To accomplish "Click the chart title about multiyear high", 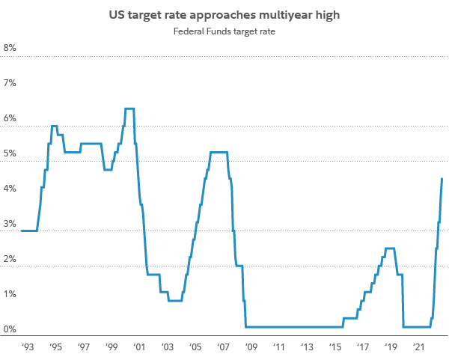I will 224,13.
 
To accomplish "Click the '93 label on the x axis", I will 28,347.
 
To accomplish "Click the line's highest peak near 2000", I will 129,109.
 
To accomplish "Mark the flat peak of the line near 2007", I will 219,153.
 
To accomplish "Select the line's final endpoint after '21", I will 442,178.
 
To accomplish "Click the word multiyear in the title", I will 283,13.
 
